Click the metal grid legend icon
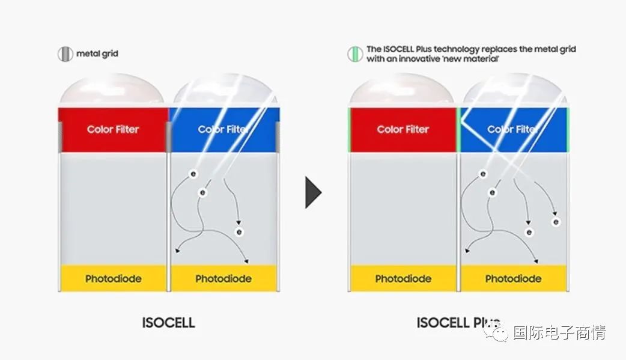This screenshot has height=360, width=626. click(65, 54)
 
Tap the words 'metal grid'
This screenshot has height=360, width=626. click(97, 53)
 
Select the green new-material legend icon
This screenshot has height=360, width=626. click(354, 54)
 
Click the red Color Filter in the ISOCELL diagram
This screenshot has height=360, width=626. click(113, 129)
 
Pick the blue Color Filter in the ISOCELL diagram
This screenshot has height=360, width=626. click(224, 129)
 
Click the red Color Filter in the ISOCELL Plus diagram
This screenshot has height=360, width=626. click(403, 129)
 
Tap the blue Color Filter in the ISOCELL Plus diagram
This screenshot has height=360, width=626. click(514, 129)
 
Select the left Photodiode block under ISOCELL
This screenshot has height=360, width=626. click(113, 278)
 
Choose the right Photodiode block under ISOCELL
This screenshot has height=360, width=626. click(223, 278)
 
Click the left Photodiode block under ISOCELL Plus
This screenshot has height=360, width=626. click(403, 278)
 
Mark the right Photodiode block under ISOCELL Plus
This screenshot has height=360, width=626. click(514, 278)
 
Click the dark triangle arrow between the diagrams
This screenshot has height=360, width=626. click(314, 192)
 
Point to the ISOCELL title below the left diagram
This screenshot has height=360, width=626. click(168, 323)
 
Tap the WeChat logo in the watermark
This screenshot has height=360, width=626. click(496, 332)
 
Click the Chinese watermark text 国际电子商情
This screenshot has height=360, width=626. click(559, 332)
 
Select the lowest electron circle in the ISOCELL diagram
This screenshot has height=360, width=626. click(239, 232)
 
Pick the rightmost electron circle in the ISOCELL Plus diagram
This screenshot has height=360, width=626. click(556, 222)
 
